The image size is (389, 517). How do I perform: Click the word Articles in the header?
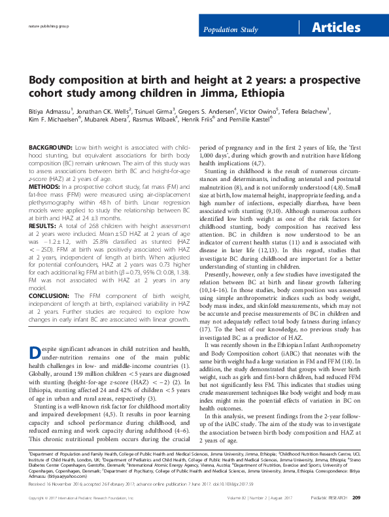point(335,27)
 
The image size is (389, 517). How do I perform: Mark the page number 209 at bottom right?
point(356,499)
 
